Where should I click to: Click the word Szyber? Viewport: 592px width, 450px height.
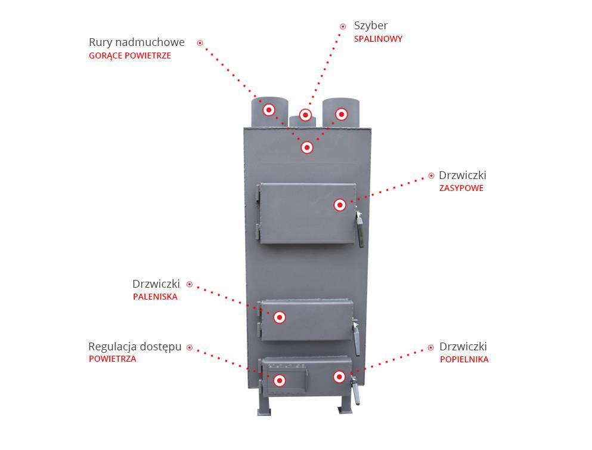click(x=370, y=26)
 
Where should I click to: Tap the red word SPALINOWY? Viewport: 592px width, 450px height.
click(x=378, y=39)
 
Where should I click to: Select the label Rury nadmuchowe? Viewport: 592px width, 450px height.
click(x=137, y=42)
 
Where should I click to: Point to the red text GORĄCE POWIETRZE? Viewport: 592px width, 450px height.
click(x=130, y=56)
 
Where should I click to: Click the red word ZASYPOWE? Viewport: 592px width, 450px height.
click(x=461, y=188)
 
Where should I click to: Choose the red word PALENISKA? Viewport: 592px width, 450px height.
click(x=155, y=297)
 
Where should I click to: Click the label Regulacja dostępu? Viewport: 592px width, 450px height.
click(x=135, y=347)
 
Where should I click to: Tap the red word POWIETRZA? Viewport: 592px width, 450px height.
click(x=113, y=359)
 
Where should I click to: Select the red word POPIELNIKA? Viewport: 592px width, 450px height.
click(x=464, y=359)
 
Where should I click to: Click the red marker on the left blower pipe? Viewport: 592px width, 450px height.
click(x=269, y=110)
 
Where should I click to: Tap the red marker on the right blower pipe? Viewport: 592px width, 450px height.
click(x=341, y=114)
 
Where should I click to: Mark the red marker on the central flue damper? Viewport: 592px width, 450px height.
click(x=305, y=115)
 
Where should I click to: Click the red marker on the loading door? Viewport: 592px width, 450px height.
click(x=340, y=205)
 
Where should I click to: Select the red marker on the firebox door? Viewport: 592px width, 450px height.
click(x=280, y=318)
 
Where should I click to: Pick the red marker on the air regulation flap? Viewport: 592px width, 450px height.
click(x=280, y=381)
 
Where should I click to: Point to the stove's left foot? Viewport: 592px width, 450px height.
click(x=264, y=406)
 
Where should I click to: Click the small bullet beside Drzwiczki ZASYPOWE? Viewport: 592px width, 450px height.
click(x=431, y=175)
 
